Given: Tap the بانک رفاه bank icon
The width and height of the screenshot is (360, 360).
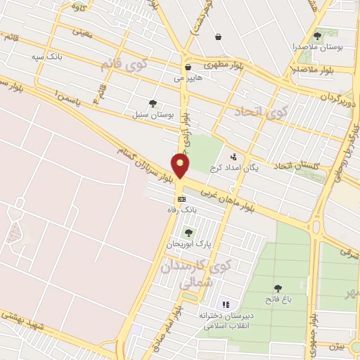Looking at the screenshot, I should pyautogui.click(x=181, y=200).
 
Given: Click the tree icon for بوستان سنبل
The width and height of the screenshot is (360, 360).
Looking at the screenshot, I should pyautogui.click(x=153, y=103).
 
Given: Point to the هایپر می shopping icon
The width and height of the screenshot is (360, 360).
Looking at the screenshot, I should pyautogui.click(x=188, y=67).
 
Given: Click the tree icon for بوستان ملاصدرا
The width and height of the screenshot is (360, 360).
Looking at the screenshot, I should pyautogui.click(x=317, y=36).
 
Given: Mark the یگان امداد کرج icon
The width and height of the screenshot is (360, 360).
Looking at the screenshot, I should pyautogui.click(x=233, y=157).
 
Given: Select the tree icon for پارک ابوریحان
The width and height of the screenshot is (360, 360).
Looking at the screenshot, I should pyautogui.click(x=188, y=233).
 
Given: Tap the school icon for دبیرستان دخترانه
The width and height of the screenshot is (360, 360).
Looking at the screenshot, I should pyautogui.click(x=226, y=304).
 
